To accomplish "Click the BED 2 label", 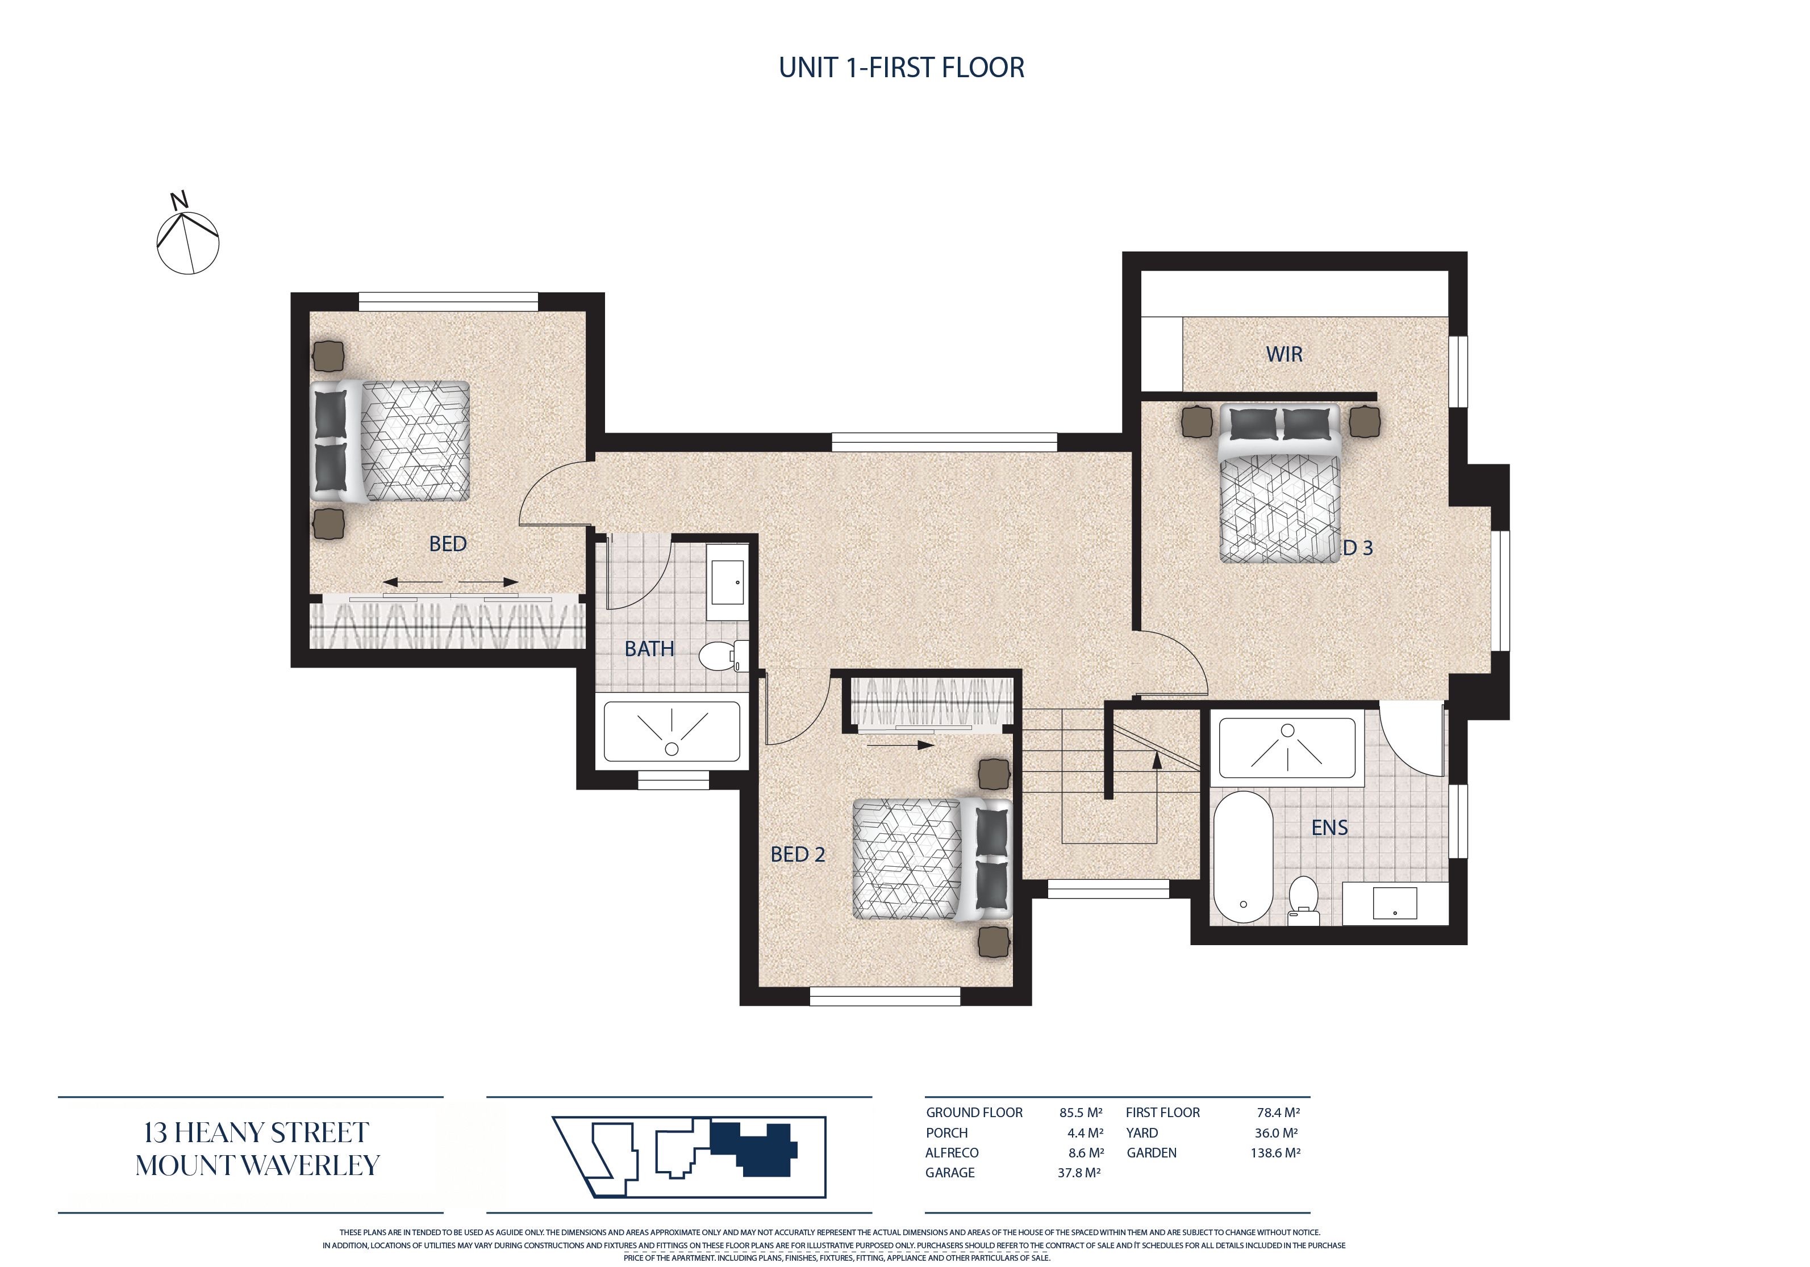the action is pos(798,854).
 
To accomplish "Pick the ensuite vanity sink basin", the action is pos(1395,903).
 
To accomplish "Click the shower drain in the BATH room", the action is pos(672,749).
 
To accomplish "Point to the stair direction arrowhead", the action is pos(1157,760).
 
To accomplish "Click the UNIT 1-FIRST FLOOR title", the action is pos(902,68).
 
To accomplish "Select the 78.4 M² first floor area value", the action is pos(1278,1113).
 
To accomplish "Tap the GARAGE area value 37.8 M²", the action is pos(1079,1172).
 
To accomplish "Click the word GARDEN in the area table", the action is pos(1151,1153).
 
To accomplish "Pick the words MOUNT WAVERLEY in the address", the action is pos(258,1165).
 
